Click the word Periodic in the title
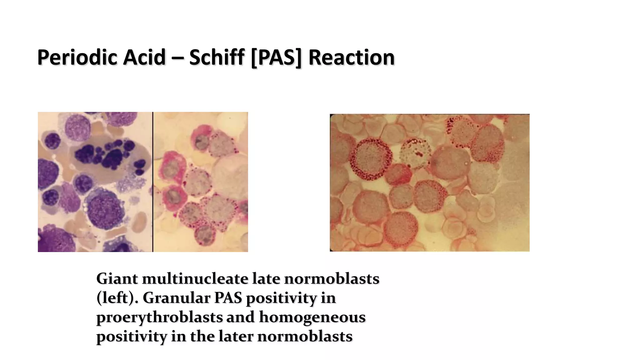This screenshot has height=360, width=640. point(77,57)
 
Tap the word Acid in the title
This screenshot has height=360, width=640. point(144,57)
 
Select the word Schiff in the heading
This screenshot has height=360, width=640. point(217,57)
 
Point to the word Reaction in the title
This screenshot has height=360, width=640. point(352,57)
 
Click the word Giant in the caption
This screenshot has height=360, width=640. point(117,278)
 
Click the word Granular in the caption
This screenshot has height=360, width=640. point(177,298)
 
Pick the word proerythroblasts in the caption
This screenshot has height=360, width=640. point(159,317)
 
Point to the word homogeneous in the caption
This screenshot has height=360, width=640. point(312,317)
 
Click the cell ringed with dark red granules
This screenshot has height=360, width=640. point(371,159)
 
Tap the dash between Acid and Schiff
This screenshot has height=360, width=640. point(177,58)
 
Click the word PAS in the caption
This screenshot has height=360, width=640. point(228,298)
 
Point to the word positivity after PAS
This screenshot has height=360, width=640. point(281,298)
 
